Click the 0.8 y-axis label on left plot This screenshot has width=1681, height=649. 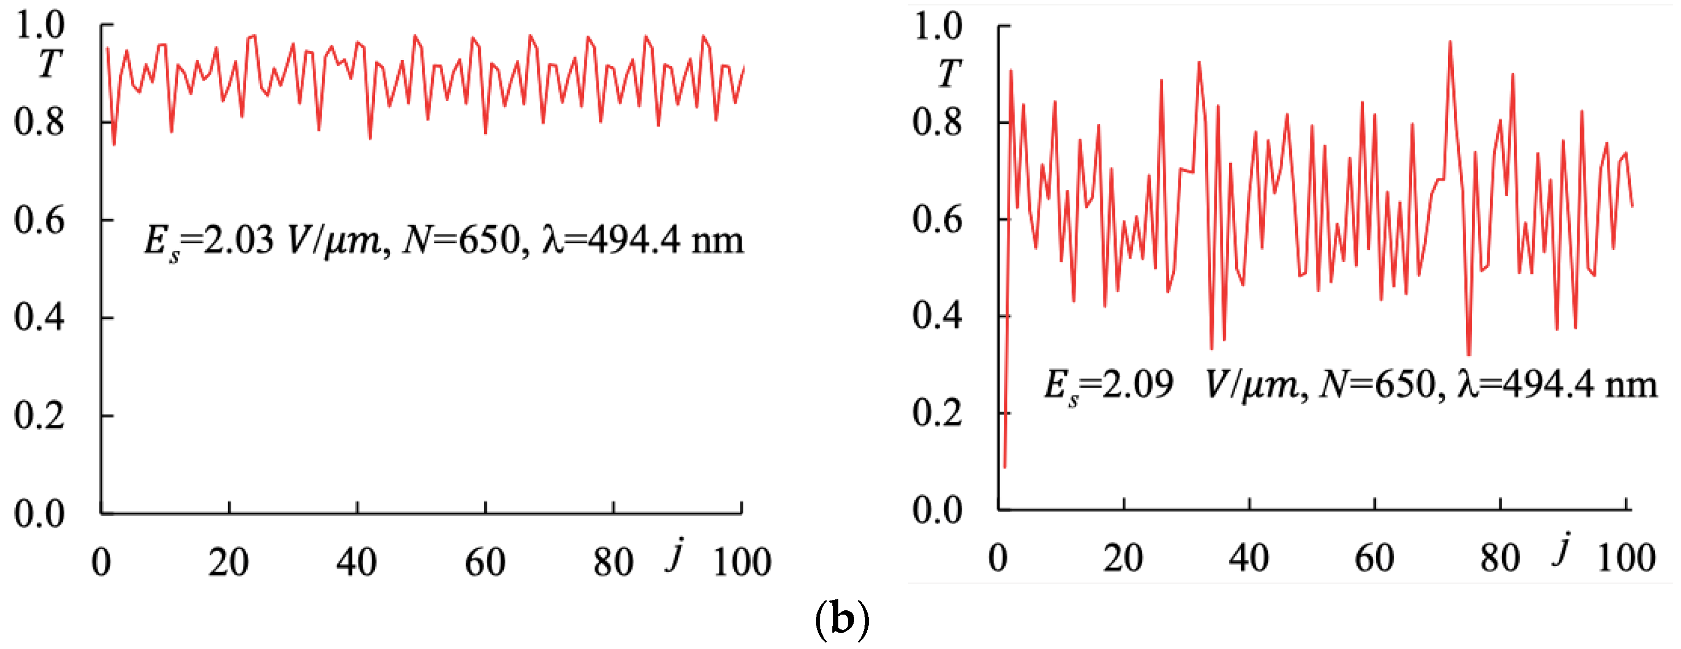pos(39,122)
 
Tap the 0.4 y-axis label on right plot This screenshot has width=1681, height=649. pos(937,316)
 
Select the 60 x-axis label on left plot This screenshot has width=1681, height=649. pos(485,562)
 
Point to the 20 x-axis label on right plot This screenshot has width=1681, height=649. pos(1123,558)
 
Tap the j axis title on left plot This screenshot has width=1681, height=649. pos(676,555)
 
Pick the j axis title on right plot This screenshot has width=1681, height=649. pos(1561,549)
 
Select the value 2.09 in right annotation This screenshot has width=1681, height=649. pos(1137,383)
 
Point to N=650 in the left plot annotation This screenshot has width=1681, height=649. pos(461,240)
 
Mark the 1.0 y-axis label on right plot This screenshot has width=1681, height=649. pos(937,26)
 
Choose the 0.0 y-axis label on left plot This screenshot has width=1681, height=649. pos(39,514)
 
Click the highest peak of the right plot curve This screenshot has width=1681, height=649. pos(1450,42)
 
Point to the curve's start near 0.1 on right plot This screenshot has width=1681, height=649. pos(1004,466)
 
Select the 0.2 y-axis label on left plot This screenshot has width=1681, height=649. pos(39,416)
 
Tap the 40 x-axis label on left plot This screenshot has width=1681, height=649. pos(356,562)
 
